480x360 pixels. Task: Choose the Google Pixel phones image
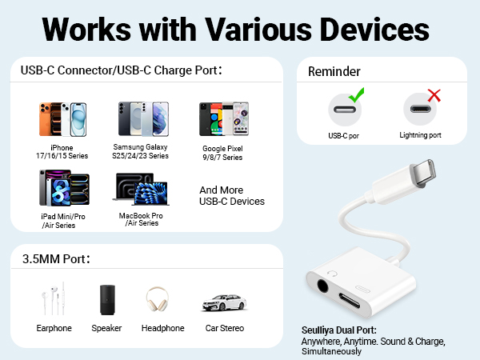pyautogui.click(x=222, y=119)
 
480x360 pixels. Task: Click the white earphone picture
pyautogui.click(x=53, y=300)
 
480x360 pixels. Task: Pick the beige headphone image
pyautogui.click(x=162, y=302)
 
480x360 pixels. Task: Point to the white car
pyautogui.click(x=223, y=303)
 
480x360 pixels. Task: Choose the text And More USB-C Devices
pyautogui.click(x=231, y=195)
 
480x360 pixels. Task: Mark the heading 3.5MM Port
pyautogui.click(x=55, y=260)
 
